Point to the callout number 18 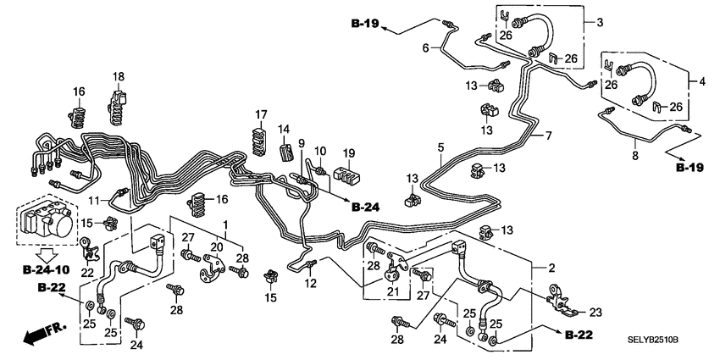tap(119, 77)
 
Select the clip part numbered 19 tap(344, 175)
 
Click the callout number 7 tap(548, 136)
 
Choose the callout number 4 tap(701, 81)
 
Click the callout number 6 tap(426, 48)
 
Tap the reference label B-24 tap(368, 207)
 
